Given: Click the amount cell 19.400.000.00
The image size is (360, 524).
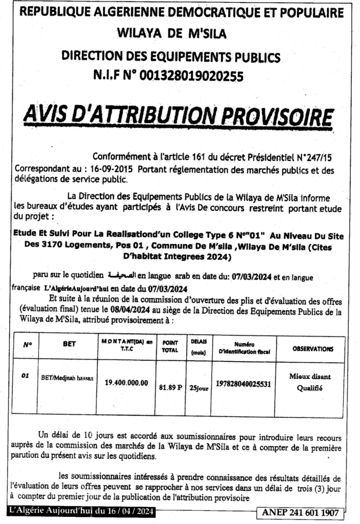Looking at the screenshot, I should pos(126,382).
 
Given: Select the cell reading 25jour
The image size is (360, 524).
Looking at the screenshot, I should pos(198,388).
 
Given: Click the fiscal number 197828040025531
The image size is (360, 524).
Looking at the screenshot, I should pos(243,383).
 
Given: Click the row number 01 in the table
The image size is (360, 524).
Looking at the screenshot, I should pos(24,376).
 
